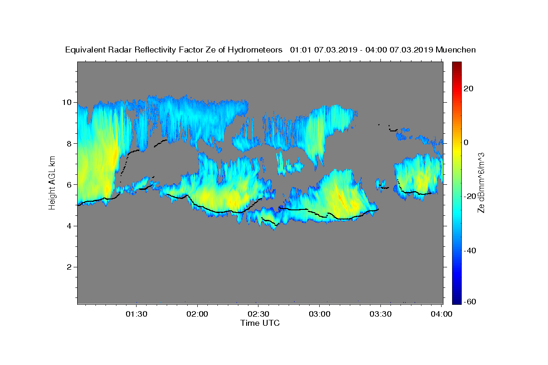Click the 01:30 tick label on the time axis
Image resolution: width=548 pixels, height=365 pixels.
(x=136, y=314)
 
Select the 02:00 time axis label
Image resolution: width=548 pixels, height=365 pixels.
(x=197, y=314)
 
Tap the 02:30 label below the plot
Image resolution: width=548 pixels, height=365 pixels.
(x=258, y=314)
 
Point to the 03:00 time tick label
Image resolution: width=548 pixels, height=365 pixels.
(x=320, y=314)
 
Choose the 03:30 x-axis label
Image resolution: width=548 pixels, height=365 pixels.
(x=380, y=314)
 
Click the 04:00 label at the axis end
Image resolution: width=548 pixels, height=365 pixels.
(x=441, y=314)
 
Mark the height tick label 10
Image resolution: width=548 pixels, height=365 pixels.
(x=67, y=102)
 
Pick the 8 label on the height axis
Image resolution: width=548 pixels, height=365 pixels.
(x=69, y=144)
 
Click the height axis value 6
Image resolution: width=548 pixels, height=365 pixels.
(x=69, y=185)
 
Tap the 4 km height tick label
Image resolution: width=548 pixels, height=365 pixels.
(x=69, y=226)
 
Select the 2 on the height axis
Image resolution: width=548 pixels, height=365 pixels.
(x=69, y=267)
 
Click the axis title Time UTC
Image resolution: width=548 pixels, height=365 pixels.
(x=260, y=323)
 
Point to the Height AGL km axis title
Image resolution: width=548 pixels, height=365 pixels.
(x=52, y=183)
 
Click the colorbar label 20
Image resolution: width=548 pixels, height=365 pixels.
(x=469, y=89)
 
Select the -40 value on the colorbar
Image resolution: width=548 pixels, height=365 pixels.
(x=470, y=250)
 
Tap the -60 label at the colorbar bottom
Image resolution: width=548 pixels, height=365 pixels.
(x=470, y=302)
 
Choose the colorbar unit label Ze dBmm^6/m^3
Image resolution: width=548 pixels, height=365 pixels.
(x=481, y=183)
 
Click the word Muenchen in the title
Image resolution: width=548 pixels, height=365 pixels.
(x=456, y=50)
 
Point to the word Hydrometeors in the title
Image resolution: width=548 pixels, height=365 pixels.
(x=255, y=50)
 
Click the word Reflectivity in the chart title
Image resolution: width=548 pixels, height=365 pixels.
(x=155, y=50)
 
